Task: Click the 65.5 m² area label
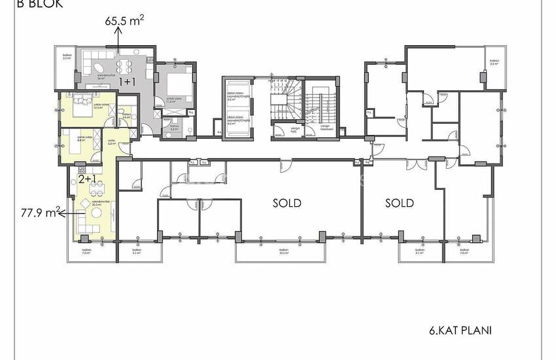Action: [124, 20]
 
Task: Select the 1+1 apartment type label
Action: [126, 83]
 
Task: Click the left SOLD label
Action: [287, 203]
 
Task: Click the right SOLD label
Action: [399, 203]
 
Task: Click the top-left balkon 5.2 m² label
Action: [65, 57]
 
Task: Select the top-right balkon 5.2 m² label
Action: [494, 63]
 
